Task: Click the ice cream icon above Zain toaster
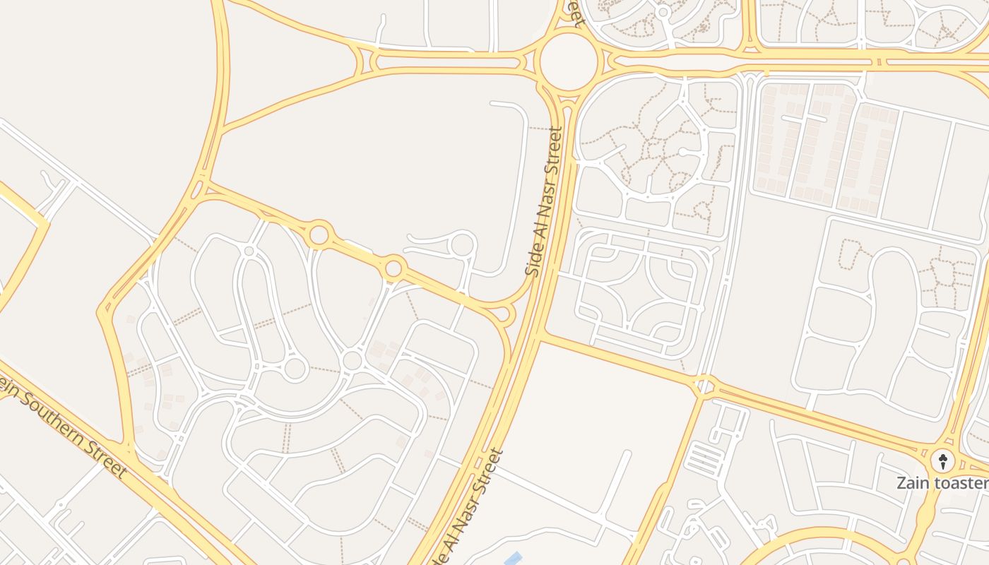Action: (x=942, y=462)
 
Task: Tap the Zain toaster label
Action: (x=942, y=483)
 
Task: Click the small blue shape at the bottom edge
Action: (x=514, y=559)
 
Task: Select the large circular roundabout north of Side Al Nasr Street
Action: (x=569, y=61)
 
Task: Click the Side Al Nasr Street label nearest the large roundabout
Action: (x=545, y=201)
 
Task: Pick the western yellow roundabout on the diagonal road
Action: (x=319, y=234)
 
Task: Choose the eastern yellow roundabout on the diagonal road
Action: (x=393, y=268)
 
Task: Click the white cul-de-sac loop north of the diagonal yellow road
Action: (x=462, y=245)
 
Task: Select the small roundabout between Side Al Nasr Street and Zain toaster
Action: (x=704, y=386)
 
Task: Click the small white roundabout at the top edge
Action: (x=663, y=12)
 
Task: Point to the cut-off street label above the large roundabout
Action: (x=576, y=13)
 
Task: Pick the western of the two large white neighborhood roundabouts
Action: (x=295, y=368)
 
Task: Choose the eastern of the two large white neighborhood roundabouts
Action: (x=352, y=361)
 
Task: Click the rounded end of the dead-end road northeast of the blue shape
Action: (x=627, y=454)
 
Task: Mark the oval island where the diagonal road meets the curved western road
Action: (x=200, y=188)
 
